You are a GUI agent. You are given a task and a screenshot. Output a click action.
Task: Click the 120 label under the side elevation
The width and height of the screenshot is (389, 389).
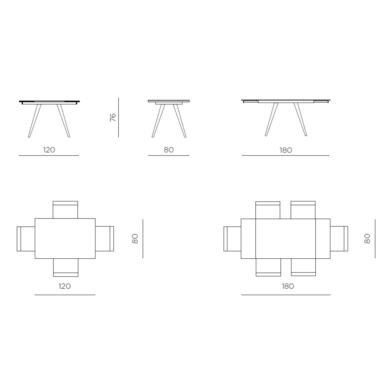[49, 150]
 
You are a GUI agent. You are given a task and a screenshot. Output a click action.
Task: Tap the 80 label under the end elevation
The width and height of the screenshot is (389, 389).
[169, 150]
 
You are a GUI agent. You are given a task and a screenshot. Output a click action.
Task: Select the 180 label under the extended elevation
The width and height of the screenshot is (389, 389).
[286, 150]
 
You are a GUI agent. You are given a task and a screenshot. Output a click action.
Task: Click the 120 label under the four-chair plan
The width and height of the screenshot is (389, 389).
[64, 286]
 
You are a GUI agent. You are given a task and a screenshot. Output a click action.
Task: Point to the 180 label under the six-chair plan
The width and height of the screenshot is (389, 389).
[288, 286]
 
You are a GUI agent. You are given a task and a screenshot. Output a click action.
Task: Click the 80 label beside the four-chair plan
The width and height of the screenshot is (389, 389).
[135, 239]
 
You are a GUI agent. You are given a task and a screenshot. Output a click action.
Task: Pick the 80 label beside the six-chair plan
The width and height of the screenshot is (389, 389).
[367, 239]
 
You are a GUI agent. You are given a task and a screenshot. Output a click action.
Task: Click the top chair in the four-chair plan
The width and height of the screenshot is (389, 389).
[65, 210]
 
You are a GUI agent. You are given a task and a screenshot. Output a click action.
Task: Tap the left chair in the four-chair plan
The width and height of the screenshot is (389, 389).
[26, 239]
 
